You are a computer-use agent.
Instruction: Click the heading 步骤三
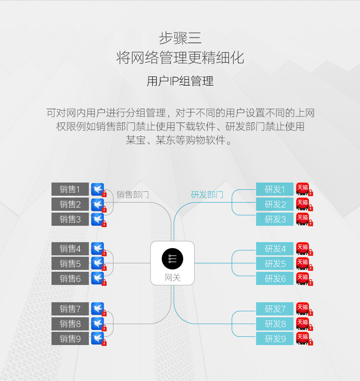pyautogui.click(x=180, y=37)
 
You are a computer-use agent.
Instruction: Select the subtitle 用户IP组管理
pyautogui.click(x=180, y=81)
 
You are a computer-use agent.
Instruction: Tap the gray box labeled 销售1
pyautogui.click(x=70, y=189)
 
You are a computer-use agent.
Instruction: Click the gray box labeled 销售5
pyautogui.click(x=70, y=264)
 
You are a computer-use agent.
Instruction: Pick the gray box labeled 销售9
pyautogui.click(x=70, y=339)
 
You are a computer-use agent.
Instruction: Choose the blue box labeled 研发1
pyautogui.click(x=275, y=189)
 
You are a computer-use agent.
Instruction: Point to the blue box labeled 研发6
pyautogui.click(x=275, y=279)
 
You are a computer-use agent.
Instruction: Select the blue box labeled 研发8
pyautogui.click(x=275, y=324)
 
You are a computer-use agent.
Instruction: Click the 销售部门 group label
pyautogui.click(x=133, y=195)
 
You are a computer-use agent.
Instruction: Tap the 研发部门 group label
pyautogui.click(x=207, y=195)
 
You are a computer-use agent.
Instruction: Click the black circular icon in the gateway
pyautogui.click(x=172, y=259)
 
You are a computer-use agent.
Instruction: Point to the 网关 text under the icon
pyautogui.click(x=172, y=277)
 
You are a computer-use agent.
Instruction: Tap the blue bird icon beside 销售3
pyautogui.click(x=97, y=219)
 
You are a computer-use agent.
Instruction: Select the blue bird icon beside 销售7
pyautogui.click(x=97, y=308)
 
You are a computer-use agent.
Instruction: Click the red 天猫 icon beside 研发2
pyautogui.click(x=302, y=203)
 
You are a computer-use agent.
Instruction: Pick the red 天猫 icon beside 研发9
pyautogui.click(x=302, y=338)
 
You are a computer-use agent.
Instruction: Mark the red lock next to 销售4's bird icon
pyautogui.click(x=104, y=253)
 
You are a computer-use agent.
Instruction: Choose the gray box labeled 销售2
pyautogui.click(x=70, y=204)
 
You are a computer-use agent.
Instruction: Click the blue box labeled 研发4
pyautogui.click(x=275, y=249)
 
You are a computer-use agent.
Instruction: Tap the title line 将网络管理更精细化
pyautogui.click(x=180, y=58)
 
